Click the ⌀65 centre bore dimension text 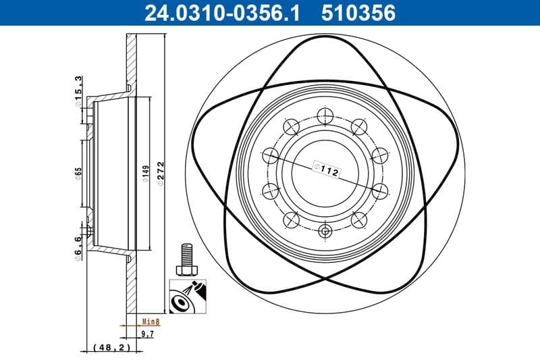pos(78,173)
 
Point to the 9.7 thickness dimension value pos(146,334)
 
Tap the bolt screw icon pos(185,261)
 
